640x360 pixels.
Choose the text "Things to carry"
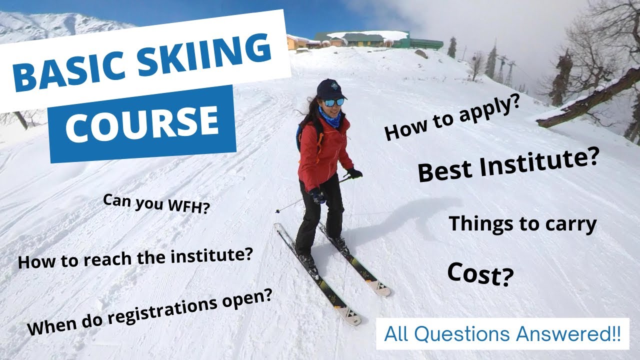(522, 223)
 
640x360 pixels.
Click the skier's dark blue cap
(331, 89)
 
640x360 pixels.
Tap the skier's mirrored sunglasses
(334, 102)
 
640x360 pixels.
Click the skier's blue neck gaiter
(331, 118)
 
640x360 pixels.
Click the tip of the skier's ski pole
(276, 212)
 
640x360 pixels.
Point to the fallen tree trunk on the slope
(590, 97)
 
